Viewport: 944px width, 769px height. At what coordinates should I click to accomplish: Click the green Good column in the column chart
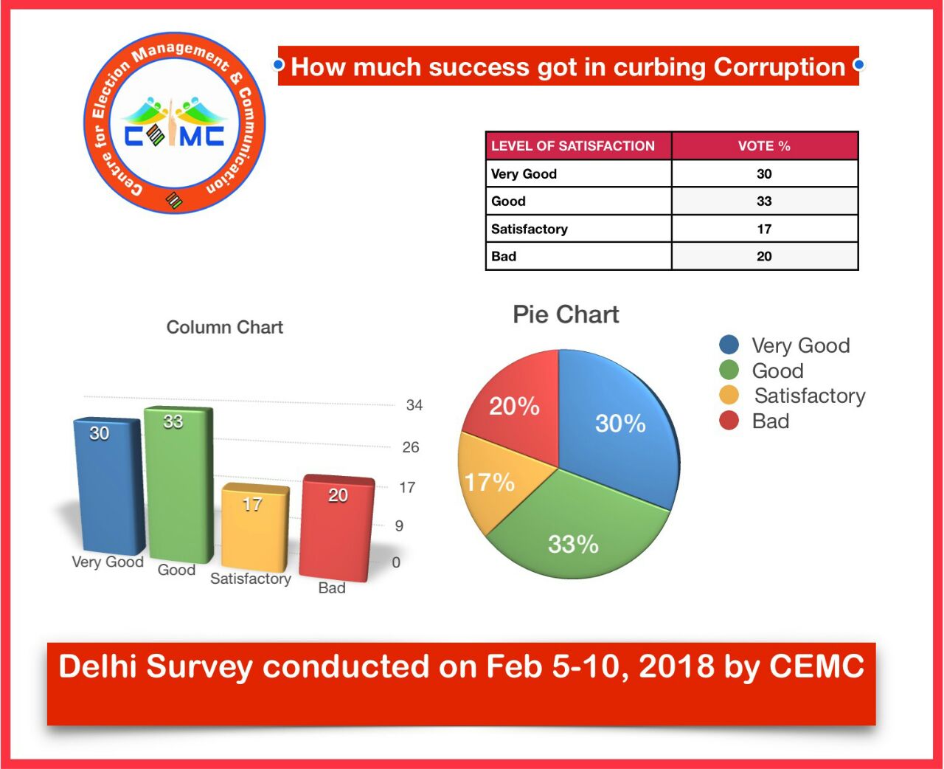pyautogui.click(x=179, y=484)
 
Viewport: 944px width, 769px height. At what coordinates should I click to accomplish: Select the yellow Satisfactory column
pyautogui.click(x=255, y=528)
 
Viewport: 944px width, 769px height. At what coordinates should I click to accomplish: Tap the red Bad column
pyautogui.click(x=337, y=528)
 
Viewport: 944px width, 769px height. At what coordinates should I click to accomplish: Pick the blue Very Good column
pyautogui.click(x=109, y=486)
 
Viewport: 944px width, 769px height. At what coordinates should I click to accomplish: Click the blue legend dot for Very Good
pyautogui.click(x=729, y=345)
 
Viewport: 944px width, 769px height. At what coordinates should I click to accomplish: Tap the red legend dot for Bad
pyautogui.click(x=729, y=421)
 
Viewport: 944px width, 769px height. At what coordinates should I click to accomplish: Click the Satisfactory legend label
pyautogui.click(x=810, y=396)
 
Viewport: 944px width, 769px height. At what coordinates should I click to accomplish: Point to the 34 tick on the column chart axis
pyautogui.click(x=414, y=405)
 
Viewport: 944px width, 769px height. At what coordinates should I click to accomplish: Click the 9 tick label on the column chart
pyautogui.click(x=399, y=526)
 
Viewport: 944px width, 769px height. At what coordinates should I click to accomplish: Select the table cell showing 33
pyautogui.click(x=764, y=201)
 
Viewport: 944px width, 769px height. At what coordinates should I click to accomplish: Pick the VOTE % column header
pyautogui.click(x=764, y=146)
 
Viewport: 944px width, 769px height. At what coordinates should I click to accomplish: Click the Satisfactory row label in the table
pyautogui.click(x=530, y=229)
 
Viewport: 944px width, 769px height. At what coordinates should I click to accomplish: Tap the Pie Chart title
pyautogui.click(x=566, y=314)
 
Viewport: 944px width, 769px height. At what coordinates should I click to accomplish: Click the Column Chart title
pyautogui.click(x=225, y=327)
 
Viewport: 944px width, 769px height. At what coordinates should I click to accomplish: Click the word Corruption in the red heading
pyautogui.click(x=780, y=67)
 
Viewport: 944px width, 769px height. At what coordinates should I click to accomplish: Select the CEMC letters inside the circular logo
pyautogui.click(x=175, y=136)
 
